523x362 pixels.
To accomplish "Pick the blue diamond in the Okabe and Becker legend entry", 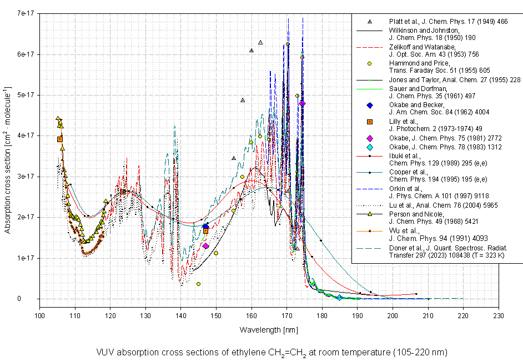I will coord(369,105).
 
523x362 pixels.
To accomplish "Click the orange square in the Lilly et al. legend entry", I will coord(369,122).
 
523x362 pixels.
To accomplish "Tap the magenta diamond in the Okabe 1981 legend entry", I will coord(369,138).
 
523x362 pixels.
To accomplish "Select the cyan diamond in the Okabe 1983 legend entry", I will coord(369,147).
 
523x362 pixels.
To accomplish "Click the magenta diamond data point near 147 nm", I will coord(205,245).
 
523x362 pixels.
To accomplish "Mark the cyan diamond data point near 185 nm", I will coord(339,298).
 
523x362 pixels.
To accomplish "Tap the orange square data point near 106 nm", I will coord(60,139).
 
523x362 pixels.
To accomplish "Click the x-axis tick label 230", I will coord(499,315).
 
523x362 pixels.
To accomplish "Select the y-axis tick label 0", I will coord(33,299).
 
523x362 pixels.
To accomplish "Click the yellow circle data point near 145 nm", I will coord(198,284).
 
